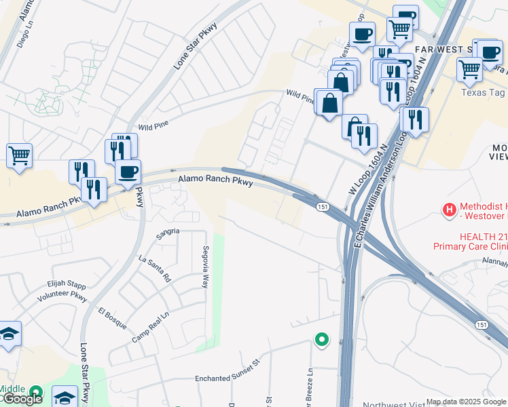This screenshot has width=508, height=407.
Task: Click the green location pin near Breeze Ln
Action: (x=321, y=338)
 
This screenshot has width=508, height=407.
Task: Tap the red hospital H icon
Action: (x=449, y=211)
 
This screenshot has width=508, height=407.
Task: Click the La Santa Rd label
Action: (x=155, y=269)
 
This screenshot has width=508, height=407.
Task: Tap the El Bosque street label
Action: (x=112, y=319)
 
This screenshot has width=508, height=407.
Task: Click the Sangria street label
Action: (x=168, y=231)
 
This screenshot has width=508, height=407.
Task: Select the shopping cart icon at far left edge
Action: (x=19, y=155)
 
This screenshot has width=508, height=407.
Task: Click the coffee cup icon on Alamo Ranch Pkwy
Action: (x=128, y=172)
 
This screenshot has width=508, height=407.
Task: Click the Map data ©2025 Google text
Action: (x=466, y=402)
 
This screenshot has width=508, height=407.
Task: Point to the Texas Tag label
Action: (x=484, y=92)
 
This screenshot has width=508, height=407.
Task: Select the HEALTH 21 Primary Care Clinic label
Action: (x=470, y=241)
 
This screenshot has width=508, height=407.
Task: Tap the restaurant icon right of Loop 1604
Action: (x=415, y=119)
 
